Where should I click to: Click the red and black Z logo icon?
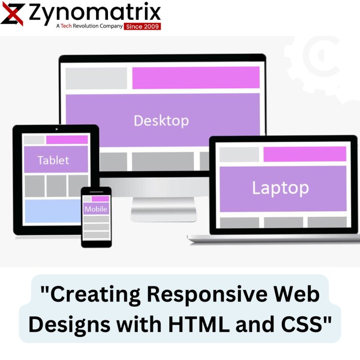coord(12,14)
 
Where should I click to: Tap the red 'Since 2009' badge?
coord(143,26)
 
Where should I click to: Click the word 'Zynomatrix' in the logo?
coord(95,12)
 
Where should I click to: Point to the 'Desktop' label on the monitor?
coord(161,121)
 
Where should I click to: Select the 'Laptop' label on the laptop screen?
coord(281,188)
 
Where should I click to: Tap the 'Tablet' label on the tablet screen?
coord(53,160)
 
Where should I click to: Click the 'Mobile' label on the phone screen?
coord(96,209)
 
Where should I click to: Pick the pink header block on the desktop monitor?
coord(196,78)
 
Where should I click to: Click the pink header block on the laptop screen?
coord(305,154)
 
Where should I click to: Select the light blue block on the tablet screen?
coord(53,211)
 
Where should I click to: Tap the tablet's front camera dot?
coord(57,129)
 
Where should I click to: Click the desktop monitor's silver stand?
coord(164,209)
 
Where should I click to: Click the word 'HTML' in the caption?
coord(199,324)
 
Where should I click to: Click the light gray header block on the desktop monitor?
coord(96,78)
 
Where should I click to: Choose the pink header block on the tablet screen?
coord(67,140)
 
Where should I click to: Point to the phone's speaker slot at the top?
coord(96,192)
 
